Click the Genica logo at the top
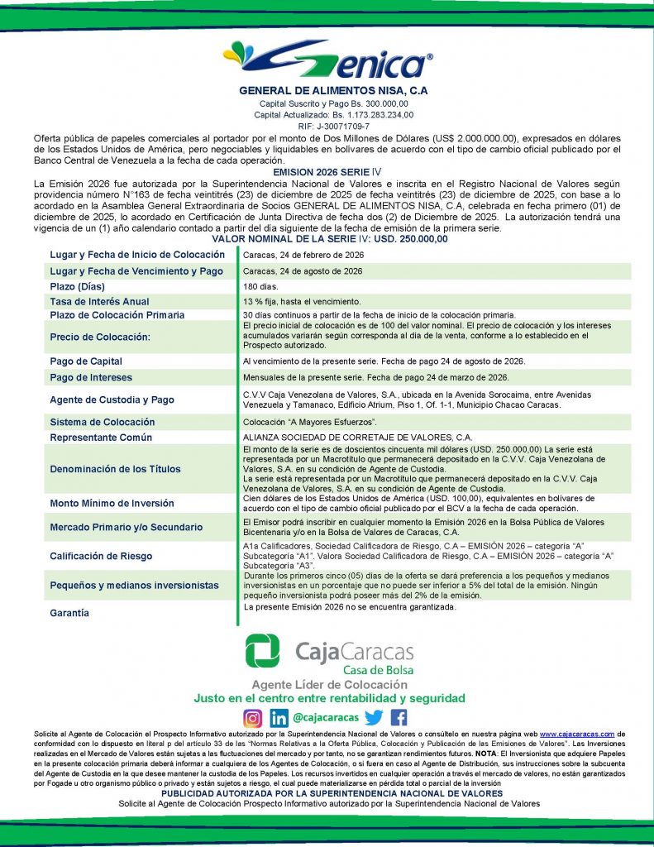327,60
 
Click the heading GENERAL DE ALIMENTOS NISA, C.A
333,90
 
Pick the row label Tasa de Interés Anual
99,301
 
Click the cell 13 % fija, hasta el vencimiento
301,301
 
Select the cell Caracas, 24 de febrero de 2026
303,255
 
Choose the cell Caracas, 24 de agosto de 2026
303,271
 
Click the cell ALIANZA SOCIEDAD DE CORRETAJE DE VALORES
357,437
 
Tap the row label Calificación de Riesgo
101,556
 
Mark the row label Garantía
69,613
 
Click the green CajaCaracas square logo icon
262,650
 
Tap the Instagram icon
252,718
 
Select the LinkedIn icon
279,718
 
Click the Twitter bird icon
374,718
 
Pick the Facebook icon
399,718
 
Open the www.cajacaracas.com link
576,734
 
